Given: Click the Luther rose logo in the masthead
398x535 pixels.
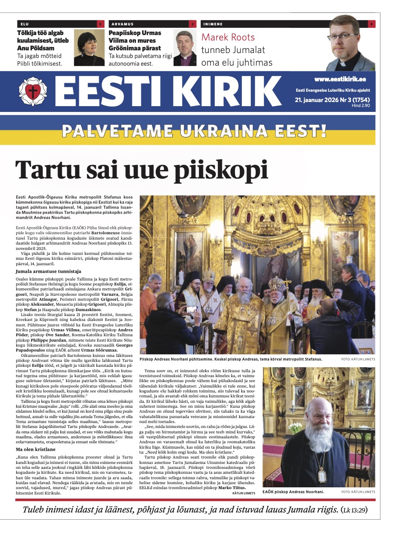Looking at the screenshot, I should tap(32, 92).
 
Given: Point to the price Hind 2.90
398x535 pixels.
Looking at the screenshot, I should tap(360, 105).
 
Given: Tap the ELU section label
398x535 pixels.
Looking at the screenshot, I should tap(25, 24).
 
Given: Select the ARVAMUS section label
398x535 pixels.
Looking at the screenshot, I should tap(122, 24).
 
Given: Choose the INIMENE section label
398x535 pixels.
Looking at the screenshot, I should tap(213, 24).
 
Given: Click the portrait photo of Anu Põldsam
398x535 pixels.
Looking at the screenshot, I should tap(89, 48).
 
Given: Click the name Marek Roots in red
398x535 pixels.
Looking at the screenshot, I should tap(228, 37).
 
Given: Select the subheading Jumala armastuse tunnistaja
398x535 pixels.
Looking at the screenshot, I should tap(48, 272).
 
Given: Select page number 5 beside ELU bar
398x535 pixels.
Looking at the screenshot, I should tap(100, 24).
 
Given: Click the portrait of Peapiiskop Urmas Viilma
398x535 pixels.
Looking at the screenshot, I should tap(185, 49).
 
